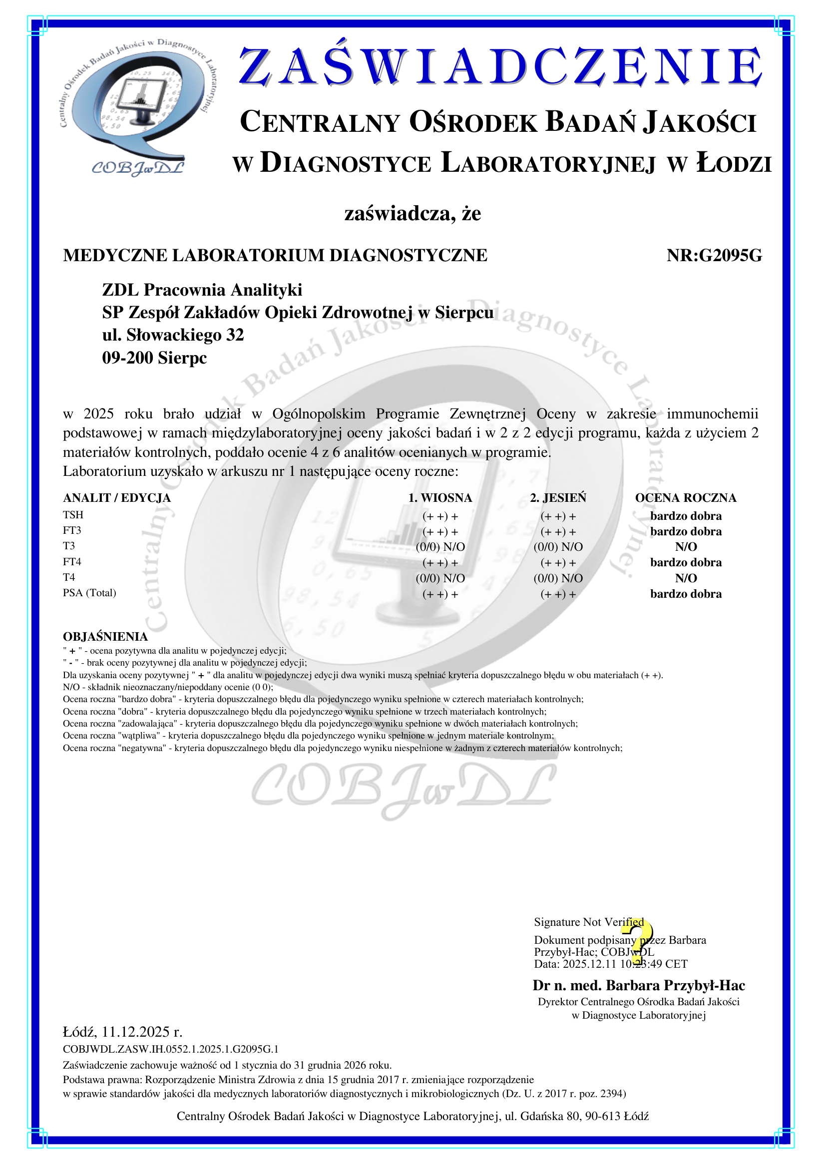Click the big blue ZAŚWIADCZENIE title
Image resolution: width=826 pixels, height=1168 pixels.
[x=500, y=66]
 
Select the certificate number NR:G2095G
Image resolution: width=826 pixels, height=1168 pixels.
[x=714, y=255]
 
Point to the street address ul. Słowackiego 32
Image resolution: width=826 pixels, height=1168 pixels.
[x=173, y=335]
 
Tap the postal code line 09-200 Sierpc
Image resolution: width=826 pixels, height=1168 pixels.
[x=154, y=358]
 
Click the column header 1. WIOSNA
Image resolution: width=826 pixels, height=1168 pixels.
[x=440, y=497]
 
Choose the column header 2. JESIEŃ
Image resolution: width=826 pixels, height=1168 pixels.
[x=558, y=497]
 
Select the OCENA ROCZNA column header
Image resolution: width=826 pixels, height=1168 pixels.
[x=685, y=497]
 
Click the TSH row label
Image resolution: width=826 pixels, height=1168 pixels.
[x=73, y=515]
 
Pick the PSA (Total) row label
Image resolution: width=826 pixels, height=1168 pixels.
[x=89, y=593]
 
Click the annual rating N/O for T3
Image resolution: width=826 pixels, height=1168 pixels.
[x=686, y=547]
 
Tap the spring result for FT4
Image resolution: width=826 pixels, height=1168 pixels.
[x=440, y=563]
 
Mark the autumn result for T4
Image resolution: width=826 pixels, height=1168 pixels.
[x=558, y=578]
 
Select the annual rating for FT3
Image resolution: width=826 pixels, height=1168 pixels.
[x=686, y=532]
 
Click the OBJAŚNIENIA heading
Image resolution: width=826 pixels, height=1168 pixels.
[x=105, y=636]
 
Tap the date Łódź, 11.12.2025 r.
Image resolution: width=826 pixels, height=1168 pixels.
[x=122, y=1032]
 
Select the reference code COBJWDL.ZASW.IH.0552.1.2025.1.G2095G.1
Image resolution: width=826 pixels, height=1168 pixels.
[x=170, y=1049]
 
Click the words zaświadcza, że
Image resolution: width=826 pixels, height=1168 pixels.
[x=413, y=213]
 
